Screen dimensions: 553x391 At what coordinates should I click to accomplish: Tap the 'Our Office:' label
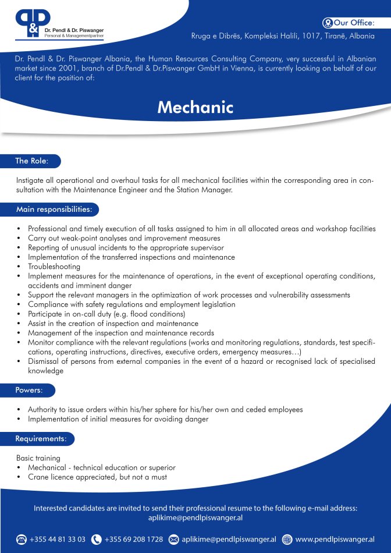tap(354, 23)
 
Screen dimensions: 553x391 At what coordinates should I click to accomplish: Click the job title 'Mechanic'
tap(195, 108)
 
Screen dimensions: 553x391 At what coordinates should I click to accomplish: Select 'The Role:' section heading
tap(31, 161)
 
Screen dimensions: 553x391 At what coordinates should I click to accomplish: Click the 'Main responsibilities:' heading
tap(54, 209)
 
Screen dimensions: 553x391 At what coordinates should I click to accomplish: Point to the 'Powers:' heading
tap(29, 390)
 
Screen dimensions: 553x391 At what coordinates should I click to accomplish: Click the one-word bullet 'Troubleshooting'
tap(54, 266)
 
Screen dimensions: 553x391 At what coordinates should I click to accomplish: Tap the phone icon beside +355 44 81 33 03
tap(22, 540)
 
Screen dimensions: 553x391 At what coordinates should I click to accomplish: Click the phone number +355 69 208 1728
tap(134, 540)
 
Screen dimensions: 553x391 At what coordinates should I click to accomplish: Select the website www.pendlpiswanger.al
tap(335, 540)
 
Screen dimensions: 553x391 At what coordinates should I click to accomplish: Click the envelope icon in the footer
tap(173, 540)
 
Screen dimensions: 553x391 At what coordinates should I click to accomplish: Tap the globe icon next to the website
tap(287, 540)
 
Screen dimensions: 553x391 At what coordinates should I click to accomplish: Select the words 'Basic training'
tap(38, 458)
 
